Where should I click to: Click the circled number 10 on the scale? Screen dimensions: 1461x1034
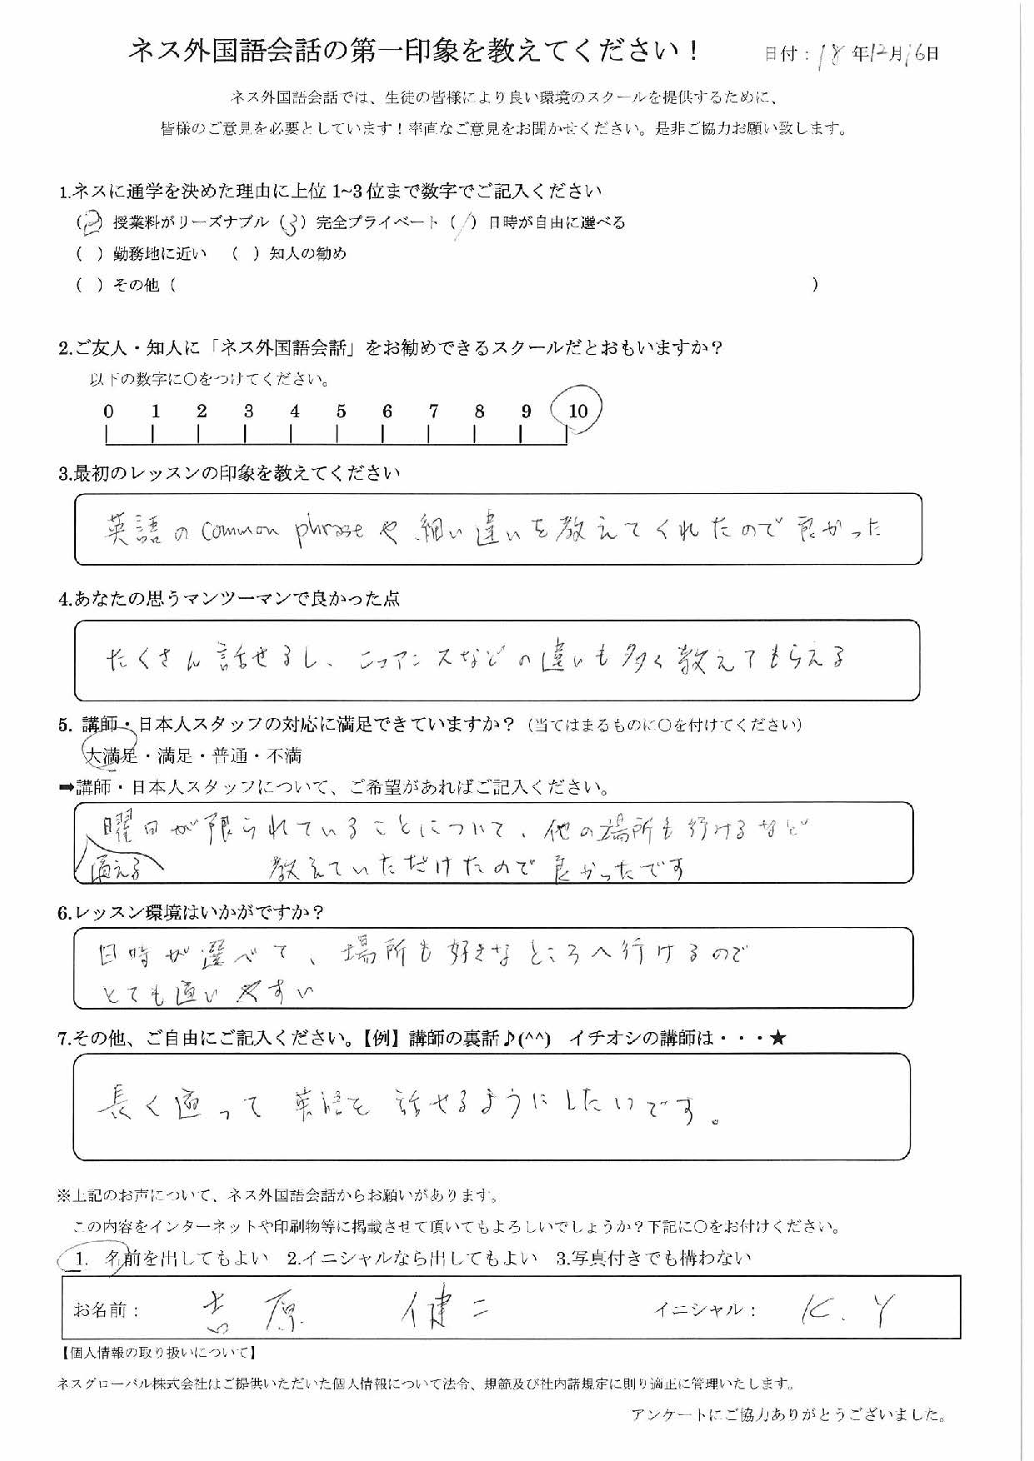tap(577, 410)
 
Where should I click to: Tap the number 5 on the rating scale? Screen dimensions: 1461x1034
tap(341, 411)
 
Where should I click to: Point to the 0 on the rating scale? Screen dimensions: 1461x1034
tap(108, 411)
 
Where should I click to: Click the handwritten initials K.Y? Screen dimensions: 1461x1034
tap(842, 1310)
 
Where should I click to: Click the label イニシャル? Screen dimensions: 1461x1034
tap(705, 1310)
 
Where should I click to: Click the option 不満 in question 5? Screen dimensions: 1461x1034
tap(283, 756)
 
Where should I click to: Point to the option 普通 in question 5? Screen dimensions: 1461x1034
tap(230, 756)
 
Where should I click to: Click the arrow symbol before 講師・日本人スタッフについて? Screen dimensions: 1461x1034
tap(66, 787)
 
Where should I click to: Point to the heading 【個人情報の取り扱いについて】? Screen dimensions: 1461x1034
tap(158, 1353)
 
